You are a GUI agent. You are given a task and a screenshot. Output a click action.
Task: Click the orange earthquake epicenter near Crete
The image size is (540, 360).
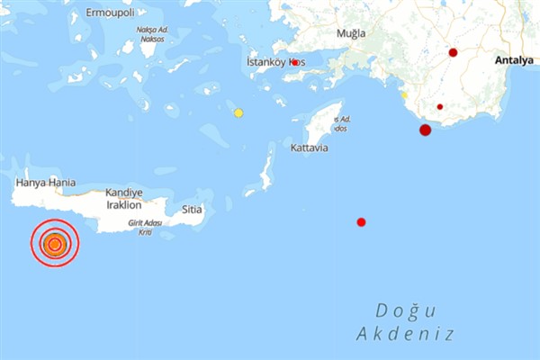point(55,244)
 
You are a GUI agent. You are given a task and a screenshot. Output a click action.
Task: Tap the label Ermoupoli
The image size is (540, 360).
point(109,13)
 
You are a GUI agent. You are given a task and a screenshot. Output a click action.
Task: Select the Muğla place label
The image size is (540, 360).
point(351,33)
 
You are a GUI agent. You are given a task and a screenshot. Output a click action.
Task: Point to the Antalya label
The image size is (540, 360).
point(514,60)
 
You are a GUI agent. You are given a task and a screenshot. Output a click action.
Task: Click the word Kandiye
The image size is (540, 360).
point(124,193)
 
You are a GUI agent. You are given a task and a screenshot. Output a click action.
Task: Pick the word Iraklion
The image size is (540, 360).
point(124,205)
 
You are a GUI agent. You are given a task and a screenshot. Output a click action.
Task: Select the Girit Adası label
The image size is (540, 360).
point(145,222)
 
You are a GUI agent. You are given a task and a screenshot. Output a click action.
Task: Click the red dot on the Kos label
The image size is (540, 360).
point(294,62)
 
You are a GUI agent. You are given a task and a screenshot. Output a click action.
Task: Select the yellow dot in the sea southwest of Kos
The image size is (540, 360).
point(238,112)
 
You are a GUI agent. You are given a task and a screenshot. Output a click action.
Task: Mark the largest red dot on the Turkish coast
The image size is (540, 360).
point(425,130)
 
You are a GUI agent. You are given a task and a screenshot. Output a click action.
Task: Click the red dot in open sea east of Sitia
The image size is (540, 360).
point(361,221)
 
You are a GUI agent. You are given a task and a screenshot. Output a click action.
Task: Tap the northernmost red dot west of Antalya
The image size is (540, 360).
point(453,52)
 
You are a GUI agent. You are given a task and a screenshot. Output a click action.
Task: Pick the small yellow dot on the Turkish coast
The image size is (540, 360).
point(405,94)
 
